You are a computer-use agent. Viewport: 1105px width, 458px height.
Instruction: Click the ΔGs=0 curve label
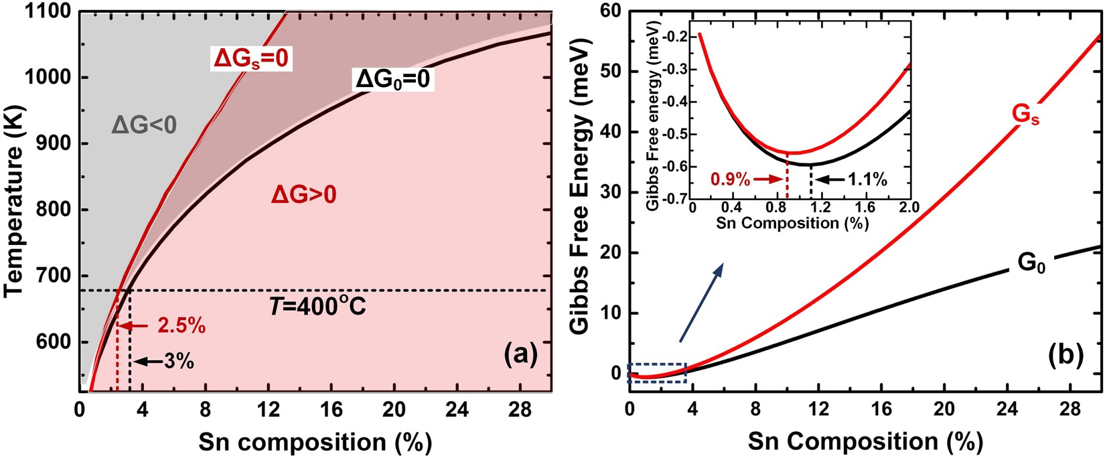(x=251, y=59)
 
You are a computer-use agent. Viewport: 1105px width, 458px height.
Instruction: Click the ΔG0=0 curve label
(x=394, y=80)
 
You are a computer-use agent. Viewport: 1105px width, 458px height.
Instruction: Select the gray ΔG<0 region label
(x=144, y=125)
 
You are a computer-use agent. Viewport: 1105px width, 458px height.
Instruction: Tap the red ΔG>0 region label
(x=303, y=196)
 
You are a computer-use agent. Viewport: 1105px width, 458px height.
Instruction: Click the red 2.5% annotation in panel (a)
(x=181, y=327)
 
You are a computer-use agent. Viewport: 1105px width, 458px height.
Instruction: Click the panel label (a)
(x=520, y=354)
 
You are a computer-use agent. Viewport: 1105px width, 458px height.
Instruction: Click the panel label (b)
(x=1065, y=354)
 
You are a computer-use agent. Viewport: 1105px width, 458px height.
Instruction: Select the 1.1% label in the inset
(x=867, y=179)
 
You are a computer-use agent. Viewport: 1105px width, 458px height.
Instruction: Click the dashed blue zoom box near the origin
(x=657, y=373)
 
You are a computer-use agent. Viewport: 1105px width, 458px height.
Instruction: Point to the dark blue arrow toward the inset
(x=701, y=303)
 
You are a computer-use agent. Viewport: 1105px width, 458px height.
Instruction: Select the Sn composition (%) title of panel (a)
(x=314, y=442)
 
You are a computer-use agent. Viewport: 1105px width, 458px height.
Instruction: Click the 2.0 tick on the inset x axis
(x=909, y=209)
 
